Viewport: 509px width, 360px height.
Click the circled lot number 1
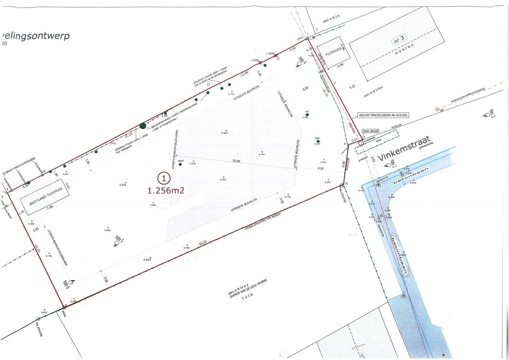click(164, 178)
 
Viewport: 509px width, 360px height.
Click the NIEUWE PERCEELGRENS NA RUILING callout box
click(383, 115)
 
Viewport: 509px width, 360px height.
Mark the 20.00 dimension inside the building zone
click(236, 161)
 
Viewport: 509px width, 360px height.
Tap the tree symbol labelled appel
click(180, 164)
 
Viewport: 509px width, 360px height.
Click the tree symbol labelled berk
click(318, 141)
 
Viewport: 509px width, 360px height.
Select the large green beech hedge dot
click(143, 126)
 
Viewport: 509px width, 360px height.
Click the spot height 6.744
click(262, 154)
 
